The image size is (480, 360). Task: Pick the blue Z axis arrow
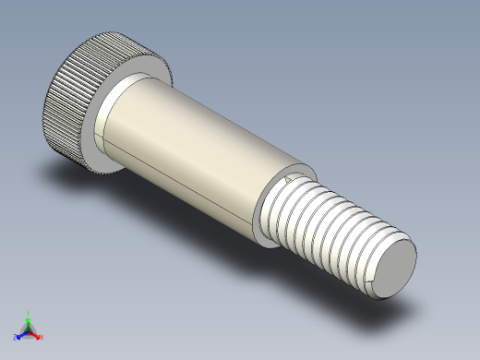pyautogui.click(x=20, y=334)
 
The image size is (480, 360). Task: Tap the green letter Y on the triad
pyautogui.click(x=29, y=313)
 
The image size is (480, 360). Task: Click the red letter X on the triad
pyautogui.click(x=42, y=337)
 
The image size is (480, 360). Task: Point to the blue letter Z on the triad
pyautogui.click(x=15, y=338)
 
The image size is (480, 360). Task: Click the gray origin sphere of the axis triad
pyautogui.click(x=28, y=330)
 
